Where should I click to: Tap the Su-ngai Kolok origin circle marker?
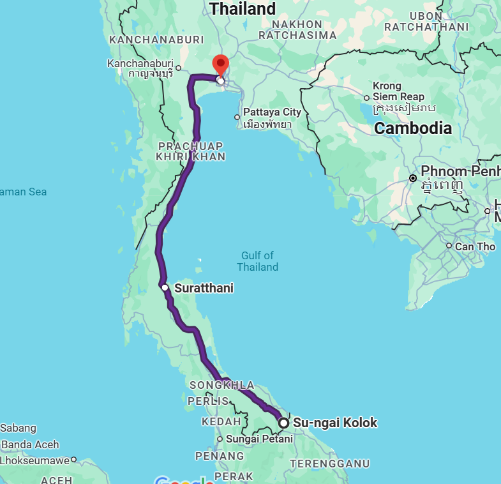point(284,423)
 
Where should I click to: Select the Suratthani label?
point(204,289)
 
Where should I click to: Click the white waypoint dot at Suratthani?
point(165,288)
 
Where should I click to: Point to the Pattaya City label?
point(272,112)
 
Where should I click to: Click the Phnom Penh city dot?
point(414,178)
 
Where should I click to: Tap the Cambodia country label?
point(412,128)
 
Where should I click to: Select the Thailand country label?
point(243,9)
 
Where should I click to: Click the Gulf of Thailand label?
point(257,261)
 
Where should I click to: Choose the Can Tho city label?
point(475,246)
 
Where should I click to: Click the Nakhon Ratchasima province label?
point(304,30)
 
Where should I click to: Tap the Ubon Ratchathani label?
point(426,21)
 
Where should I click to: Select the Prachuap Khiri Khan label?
point(191,151)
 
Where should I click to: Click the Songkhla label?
point(221,386)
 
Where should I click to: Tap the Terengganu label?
point(329,463)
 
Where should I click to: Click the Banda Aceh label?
point(31,444)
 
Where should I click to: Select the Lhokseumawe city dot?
point(74,459)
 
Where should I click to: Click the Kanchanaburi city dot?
point(178,68)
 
